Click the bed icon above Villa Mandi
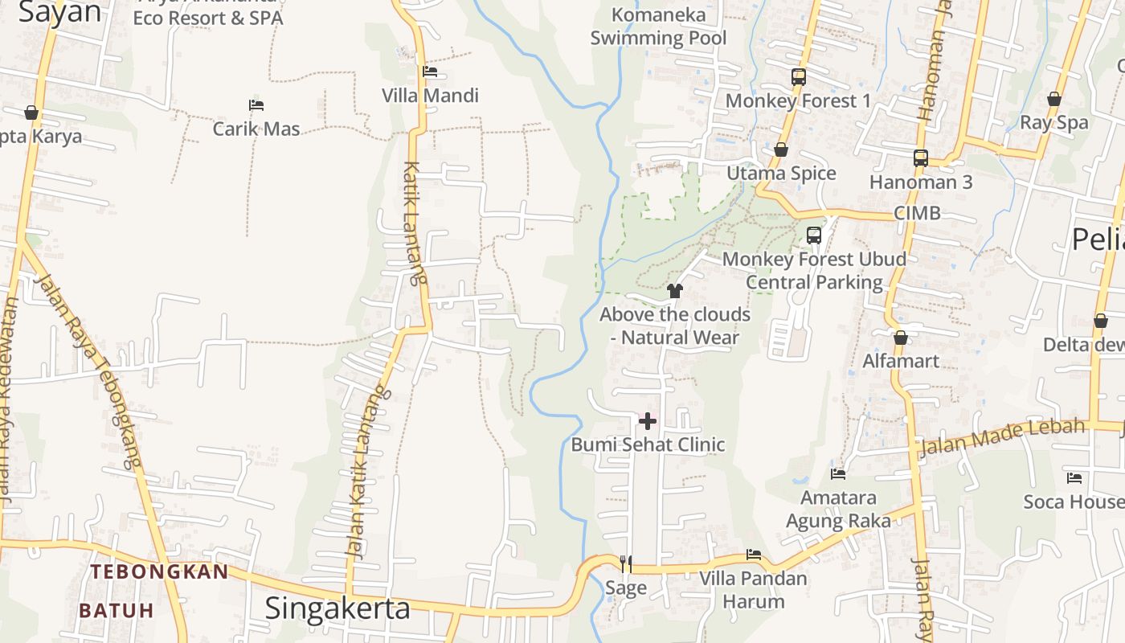point(430,72)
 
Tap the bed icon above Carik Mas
point(256,105)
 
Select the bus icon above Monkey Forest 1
point(798,77)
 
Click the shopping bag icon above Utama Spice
point(780,149)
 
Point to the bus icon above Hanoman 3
point(921,158)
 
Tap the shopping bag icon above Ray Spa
point(1053,99)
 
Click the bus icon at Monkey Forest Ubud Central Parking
point(814,235)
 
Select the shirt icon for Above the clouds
point(675,290)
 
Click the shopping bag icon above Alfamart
point(900,338)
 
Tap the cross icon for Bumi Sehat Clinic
point(648,420)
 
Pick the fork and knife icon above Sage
point(626,563)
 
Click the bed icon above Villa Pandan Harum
point(753,555)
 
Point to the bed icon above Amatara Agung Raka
point(838,473)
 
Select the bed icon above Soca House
point(1074,478)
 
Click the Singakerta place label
point(337,608)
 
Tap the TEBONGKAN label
point(159,572)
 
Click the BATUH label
point(117,610)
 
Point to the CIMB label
point(917,213)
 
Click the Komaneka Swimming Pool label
point(658,26)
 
